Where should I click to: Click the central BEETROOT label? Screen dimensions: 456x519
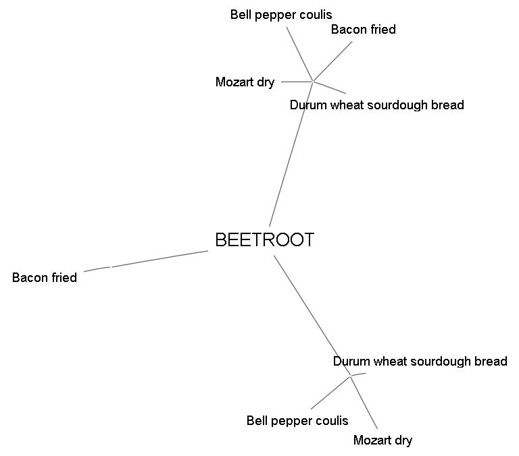point(264,240)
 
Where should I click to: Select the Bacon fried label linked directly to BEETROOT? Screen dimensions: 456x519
point(45,277)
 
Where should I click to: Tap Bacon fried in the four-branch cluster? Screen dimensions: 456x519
point(363,30)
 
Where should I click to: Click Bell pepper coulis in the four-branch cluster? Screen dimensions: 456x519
point(281,14)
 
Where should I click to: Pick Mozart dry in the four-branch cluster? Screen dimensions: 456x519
point(245,82)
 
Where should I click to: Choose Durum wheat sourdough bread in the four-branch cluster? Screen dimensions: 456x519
point(376,105)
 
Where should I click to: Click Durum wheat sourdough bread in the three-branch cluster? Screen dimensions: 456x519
point(420,362)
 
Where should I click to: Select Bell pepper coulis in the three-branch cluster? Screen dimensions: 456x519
point(297,421)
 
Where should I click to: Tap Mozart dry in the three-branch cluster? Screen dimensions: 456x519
point(382,440)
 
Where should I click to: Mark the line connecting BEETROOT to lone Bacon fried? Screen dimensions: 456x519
point(159,259)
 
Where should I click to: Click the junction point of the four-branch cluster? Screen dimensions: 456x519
point(312,82)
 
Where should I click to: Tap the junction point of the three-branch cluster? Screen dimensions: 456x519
point(351,376)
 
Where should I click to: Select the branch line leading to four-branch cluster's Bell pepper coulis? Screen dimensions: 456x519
point(299,54)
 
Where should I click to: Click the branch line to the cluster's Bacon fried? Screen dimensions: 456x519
point(332,61)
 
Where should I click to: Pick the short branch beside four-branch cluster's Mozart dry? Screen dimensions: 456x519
point(296,82)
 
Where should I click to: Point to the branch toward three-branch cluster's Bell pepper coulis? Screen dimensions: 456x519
point(330,393)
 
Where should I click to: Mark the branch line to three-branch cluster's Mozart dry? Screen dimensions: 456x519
point(364,403)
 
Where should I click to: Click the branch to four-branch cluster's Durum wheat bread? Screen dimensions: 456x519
point(330,88)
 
